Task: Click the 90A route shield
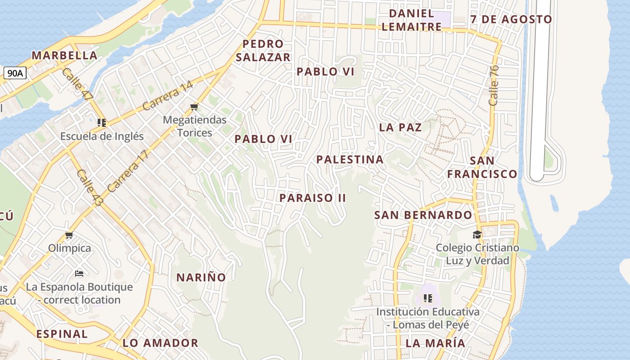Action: (15, 73)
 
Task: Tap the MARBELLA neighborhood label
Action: (64, 55)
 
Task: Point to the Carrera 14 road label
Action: (167, 95)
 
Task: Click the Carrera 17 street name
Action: (128, 171)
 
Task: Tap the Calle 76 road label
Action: (494, 85)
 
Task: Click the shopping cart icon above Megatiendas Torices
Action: (194, 107)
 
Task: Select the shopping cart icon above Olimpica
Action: (69, 235)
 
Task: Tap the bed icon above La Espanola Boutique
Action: (79, 274)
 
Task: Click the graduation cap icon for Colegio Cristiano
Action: (477, 234)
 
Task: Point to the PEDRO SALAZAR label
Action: (263, 50)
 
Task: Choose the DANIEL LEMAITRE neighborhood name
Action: (411, 20)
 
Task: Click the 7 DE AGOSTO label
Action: (511, 19)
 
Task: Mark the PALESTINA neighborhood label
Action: (350, 159)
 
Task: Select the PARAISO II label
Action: (312, 198)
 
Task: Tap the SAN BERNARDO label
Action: (423, 215)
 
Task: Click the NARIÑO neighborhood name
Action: (201, 277)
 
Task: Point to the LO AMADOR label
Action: (160, 343)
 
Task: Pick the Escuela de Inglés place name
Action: (102, 136)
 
